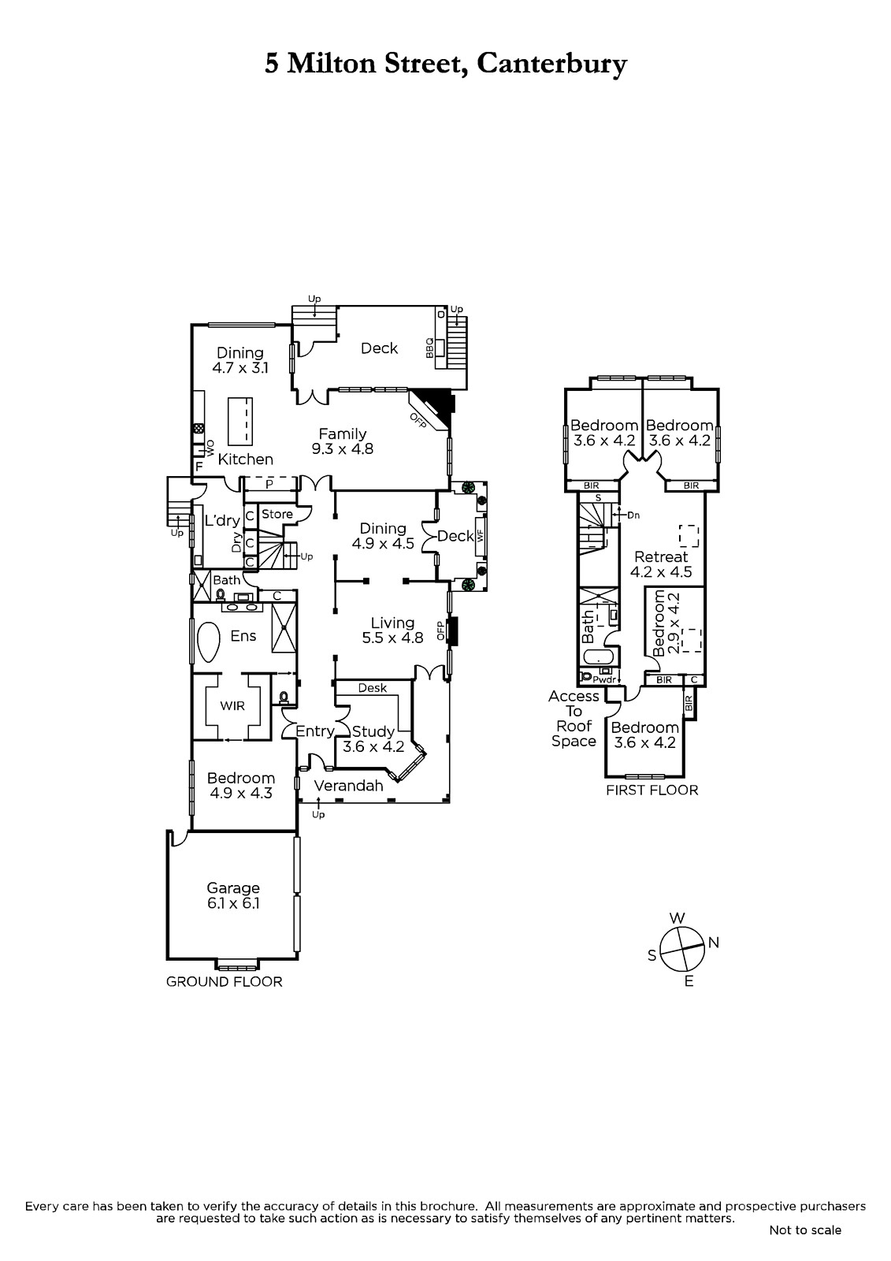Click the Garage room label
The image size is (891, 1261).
[233, 887]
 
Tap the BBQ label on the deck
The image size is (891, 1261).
[429, 348]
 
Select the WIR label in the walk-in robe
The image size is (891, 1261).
[232, 705]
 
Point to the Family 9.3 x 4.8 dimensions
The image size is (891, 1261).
[343, 448]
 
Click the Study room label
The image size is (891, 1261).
[373, 731]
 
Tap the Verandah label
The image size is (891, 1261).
[348, 785]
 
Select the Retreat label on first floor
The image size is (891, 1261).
[661, 556]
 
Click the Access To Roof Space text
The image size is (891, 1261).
[574, 718]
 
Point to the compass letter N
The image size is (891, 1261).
[713, 943]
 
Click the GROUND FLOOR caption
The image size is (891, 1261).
[224, 982]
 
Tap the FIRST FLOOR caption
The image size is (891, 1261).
[652, 790]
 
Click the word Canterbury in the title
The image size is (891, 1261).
[551, 64]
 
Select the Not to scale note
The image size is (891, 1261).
[805, 1230]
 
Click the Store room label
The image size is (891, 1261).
[277, 514]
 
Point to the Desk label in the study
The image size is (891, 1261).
[372, 687]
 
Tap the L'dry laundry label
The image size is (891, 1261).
[221, 520]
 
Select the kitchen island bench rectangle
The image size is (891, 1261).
[239, 421]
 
